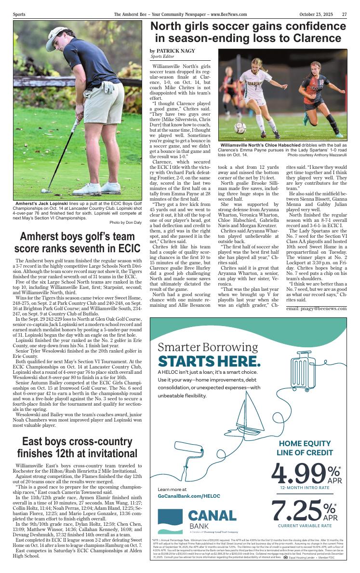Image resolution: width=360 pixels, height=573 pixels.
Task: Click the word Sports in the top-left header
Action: [19, 14]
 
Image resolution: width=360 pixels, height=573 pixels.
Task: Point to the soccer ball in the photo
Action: [240, 128]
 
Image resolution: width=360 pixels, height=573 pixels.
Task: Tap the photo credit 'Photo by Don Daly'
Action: [125, 222]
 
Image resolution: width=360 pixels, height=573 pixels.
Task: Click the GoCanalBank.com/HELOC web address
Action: [189, 496]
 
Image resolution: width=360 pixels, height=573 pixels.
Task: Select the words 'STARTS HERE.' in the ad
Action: [209, 362]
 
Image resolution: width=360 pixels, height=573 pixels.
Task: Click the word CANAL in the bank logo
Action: [212, 516]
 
